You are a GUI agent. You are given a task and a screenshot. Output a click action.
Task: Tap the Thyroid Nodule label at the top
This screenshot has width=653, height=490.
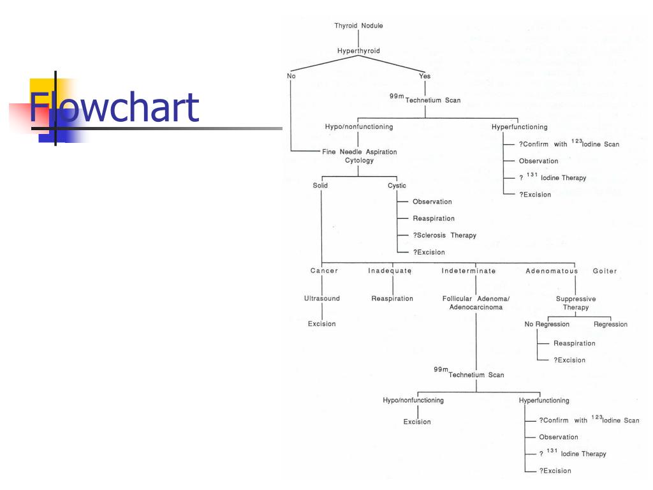tap(358, 26)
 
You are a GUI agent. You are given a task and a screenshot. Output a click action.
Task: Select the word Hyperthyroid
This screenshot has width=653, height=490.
tap(358, 50)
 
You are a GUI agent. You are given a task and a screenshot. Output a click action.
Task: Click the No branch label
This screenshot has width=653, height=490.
tap(291, 76)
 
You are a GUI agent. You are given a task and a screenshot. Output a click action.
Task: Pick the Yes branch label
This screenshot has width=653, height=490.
tap(425, 76)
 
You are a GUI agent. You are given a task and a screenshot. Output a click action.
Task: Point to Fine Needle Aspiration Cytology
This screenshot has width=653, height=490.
tap(360, 156)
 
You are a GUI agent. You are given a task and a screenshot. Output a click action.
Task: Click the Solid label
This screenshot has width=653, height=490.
tap(320, 186)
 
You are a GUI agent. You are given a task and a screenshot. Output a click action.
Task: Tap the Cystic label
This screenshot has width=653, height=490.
tap(397, 186)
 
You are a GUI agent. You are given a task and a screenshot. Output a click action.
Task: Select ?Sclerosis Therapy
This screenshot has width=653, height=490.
tap(444, 235)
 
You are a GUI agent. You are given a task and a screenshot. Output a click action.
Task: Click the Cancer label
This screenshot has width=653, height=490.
tap(324, 271)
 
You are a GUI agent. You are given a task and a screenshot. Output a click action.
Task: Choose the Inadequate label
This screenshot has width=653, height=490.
tap(390, 271)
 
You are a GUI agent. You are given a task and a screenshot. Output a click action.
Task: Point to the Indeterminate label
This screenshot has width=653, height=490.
tap(469, 271)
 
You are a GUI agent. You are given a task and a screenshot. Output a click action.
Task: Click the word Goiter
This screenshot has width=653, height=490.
tap(605, 271)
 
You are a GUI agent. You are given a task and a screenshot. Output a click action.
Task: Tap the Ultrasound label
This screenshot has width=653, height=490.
tap(322, 299)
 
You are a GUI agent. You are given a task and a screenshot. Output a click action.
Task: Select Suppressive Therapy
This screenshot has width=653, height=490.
tap(576, 303)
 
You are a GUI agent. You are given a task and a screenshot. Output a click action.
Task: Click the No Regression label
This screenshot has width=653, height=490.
tap(547, 324)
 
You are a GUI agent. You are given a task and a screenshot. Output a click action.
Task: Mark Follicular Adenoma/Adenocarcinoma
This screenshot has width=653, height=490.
tap(476, 303)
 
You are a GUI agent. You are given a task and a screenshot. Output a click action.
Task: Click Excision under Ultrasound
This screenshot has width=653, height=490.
tap(322, 324)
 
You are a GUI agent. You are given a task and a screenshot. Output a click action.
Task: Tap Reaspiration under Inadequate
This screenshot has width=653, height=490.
tap(392, 299)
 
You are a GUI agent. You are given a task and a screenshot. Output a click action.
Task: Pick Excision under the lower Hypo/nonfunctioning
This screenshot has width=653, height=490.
tap(417, 422)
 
